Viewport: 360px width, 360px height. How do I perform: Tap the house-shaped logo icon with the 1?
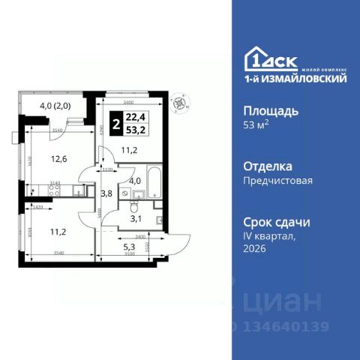(x=254, y=58)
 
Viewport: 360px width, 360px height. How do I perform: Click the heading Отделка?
(x=268, y=166)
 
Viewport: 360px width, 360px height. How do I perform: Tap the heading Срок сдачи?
(x=277, y=222)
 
